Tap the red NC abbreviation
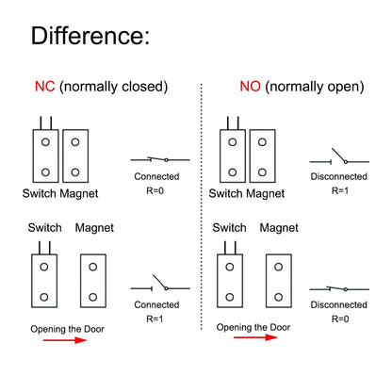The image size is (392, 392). click(x=45, y=87)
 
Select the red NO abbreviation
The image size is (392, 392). click(x=250, y=87)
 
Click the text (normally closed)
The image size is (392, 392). click(x=114, y=87)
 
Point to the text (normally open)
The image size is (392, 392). click(x=315, y=87)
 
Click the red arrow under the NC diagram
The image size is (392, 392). click(x=65, y=340)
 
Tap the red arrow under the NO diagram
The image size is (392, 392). click(x=255, y=337)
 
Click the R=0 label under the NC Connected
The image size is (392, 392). click(x=155, y=190)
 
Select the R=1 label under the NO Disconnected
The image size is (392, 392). click(x=340, y=190)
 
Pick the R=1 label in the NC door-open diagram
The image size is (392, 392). click(x=155, y=318)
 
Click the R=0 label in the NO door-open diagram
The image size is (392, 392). click(x=340, y=318)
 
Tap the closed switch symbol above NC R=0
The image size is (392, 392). click(x=160, y=159)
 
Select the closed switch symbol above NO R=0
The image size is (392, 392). click(x=339, y=289)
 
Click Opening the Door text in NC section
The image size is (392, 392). click(x=67, y=329)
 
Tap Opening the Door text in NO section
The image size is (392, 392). click(x=253, y=327)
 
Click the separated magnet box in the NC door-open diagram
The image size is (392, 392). click(x=93, y=281)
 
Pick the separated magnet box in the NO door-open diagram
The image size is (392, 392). click(x=279, y=281)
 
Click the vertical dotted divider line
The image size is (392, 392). click(x=202, y=206)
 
